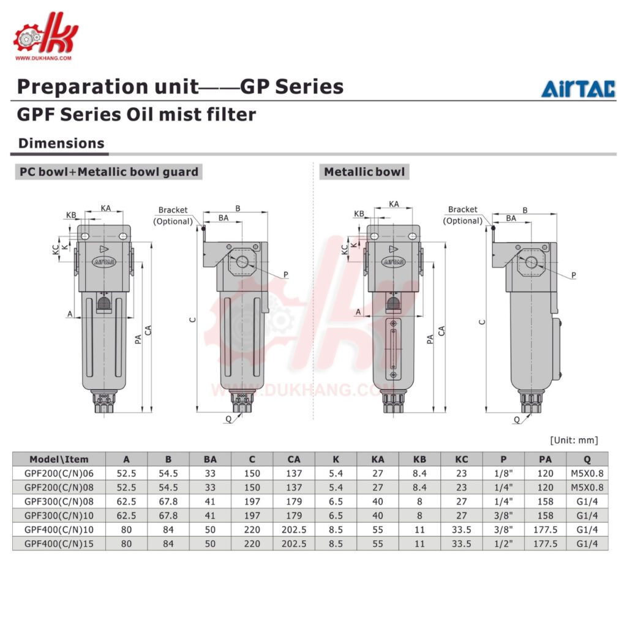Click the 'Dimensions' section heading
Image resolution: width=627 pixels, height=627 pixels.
click(61, 143)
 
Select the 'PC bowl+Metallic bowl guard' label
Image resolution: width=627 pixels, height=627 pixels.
click(108, 171)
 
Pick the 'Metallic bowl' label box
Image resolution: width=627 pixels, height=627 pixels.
click(364, 171)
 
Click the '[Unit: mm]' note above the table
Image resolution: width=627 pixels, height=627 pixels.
click(574, 440)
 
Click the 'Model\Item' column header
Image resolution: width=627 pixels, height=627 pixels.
click(59, 459)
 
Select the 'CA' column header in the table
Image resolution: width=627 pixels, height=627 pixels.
click(294, 459)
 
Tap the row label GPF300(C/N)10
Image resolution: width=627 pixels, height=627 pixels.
click(59, 516)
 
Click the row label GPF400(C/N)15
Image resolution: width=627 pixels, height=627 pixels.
click(59, 543)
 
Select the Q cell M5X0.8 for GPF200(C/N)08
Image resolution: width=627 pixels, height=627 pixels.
click(587, 487)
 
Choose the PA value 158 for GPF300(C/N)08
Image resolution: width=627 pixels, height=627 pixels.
click(545, 501)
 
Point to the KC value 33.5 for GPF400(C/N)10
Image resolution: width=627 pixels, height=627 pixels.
click(461, 529)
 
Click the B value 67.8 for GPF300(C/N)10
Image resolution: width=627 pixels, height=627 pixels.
click(168, 516)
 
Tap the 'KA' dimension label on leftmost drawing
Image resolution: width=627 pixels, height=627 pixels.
click(106, 208)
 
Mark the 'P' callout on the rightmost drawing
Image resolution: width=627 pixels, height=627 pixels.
click(573, 276)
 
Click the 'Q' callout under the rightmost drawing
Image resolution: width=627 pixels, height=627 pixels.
click(516, 419)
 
